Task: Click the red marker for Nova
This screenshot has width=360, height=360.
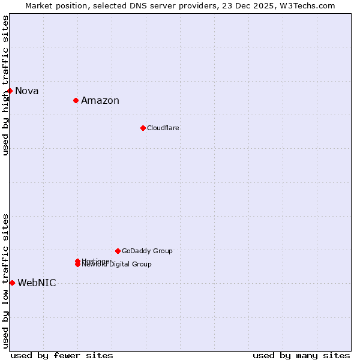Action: click(10, 91)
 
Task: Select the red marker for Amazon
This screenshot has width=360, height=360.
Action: click(76, 100)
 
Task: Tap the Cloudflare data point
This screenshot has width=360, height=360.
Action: click(143, 128)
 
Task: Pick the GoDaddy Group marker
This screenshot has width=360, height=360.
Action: click(118, 251)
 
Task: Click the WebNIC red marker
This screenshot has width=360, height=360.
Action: click(12, 283)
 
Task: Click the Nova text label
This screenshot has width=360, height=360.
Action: click(27, 91)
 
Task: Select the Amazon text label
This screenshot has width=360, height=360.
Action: click(100, 101)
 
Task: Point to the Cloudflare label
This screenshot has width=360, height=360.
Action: click(163, 128)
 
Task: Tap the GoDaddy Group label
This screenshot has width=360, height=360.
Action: click(147, 251)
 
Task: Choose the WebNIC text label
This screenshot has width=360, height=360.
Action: click(37, 283)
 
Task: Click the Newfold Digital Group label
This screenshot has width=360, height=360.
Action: click(117, 265)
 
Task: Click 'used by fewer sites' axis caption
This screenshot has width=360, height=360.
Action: click(62, 355)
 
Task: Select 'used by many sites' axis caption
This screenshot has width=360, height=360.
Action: click(301, 355)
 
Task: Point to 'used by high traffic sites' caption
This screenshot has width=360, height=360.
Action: click(5, 85)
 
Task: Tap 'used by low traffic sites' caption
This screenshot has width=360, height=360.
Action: click(5, 280)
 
